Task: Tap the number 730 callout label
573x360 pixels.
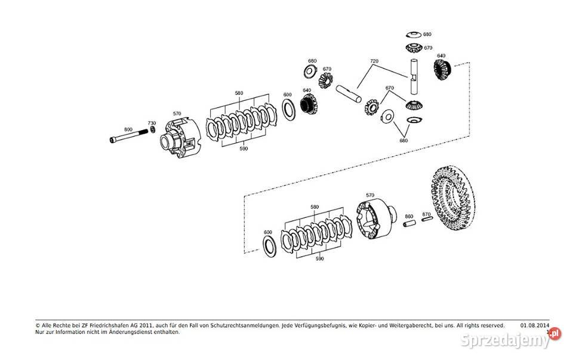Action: [152, 122]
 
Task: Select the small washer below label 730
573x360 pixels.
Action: [153, 130]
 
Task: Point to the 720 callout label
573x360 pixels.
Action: [374, 61]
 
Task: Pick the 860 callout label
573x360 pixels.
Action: [409, 216]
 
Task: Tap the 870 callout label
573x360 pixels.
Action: [426, 214]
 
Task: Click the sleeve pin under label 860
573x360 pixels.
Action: [409, 224]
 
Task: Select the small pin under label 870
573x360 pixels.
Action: [426, 221]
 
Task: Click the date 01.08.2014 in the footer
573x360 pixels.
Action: [534, 325]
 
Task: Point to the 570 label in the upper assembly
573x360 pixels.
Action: [177, 113]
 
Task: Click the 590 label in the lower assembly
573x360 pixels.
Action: [319, 259]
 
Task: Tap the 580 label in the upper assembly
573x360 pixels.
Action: [239, 93]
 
